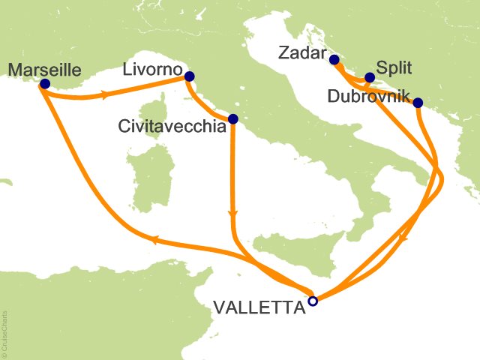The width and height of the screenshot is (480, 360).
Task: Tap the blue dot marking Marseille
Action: coord(44,84)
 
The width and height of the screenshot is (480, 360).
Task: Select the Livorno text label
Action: coord(154,70)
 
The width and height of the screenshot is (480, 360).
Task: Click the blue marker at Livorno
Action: coord(189,76)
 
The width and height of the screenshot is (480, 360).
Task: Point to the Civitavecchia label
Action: coord(172,127)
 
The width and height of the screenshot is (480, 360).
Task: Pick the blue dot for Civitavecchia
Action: coord(232,118)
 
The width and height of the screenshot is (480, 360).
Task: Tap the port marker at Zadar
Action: coord(334,60)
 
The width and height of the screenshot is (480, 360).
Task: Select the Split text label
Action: coord(393,66)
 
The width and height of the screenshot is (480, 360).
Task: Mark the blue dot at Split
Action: coord(369,76)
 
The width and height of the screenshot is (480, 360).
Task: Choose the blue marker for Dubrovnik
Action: coord(418,103)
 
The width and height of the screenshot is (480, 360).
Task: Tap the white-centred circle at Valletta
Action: coord(313,301)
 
